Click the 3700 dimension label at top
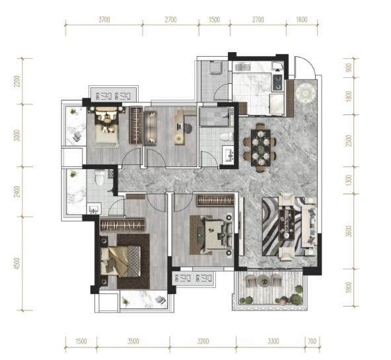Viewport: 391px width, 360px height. click(x=104, y=20)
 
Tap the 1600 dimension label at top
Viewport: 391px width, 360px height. click(x=302, y=20)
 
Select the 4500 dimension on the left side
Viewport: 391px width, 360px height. click(x=17, y=264)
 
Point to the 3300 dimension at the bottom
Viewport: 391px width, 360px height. click(x=273, y=341)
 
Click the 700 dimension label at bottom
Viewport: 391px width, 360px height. click(x=312, y=341)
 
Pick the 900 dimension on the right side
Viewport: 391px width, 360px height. click(x=349, y=67)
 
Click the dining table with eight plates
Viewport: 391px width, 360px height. click(x=261, y=147)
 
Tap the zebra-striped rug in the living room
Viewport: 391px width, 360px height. click(x=284, y=227)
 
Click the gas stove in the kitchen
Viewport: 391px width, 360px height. click(x=278, y=83)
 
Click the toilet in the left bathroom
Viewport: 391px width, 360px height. click(x=100, y=177)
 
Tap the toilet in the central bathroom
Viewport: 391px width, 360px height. click(x=227, y=137)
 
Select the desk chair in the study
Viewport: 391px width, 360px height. click(x=188, y=127)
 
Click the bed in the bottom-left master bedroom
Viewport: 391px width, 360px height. click(x=121, y=262)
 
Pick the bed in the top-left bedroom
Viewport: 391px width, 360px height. click(x=107, y=127)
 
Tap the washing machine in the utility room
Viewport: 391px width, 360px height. click(x=216, y=67)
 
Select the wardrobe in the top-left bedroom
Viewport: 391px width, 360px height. click(x=136, y=125)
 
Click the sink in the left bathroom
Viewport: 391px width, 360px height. click(x=94, y=209)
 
